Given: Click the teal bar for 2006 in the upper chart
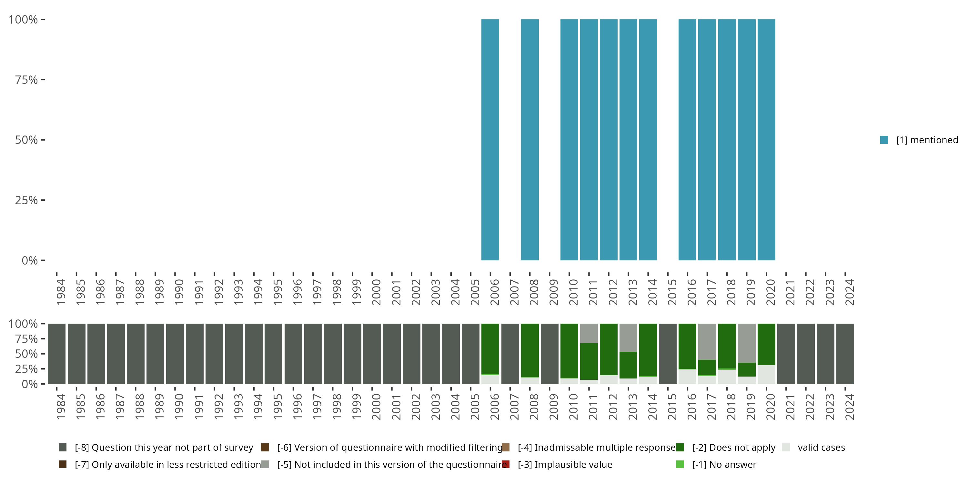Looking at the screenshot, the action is (490, 140).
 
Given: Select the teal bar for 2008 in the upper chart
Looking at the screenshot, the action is (530, 140).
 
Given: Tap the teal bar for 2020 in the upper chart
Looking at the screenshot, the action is (766, 140).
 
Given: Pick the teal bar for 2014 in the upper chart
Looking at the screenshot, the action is (648, 140).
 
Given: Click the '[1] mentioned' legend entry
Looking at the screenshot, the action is (919, 140).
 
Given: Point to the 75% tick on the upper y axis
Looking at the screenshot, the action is (43, 80).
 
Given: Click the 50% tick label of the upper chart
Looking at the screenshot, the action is (26, 140).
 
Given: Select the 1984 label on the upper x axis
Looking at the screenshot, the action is (61, 292).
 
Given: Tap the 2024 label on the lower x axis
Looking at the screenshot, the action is (849, 407).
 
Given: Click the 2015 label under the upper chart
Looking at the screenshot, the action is (672, 292).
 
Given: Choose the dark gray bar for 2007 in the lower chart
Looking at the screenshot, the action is (510, 354).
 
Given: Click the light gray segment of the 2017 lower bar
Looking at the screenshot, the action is (707, 342).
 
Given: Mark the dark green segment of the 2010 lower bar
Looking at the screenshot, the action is (569, 351).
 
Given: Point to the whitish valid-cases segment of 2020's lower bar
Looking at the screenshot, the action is (766, 374).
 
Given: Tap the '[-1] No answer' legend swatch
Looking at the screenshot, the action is (680, 464).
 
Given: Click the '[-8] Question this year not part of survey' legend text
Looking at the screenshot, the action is (164, 448).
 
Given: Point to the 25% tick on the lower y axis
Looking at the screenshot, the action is (43, 368).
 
